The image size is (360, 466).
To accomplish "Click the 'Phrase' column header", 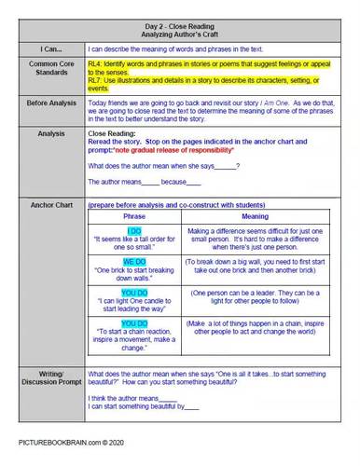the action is pos(134,216).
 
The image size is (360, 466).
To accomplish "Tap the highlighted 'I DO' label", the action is pos(134,230).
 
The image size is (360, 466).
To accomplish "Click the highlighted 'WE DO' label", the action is pos(134,262).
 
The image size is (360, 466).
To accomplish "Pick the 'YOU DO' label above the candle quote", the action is pos(134,294).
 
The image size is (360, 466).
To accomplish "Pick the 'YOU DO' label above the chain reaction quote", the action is pos(134,324).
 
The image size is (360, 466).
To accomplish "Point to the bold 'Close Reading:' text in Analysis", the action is pos(110,134).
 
